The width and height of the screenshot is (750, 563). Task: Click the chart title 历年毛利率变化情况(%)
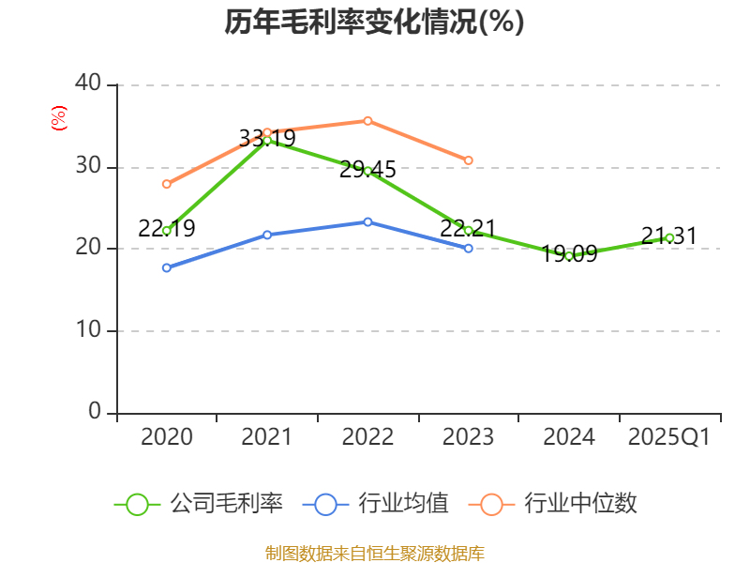[374, 23]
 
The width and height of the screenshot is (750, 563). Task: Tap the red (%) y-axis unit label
[59, 119]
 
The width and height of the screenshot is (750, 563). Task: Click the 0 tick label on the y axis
[94, 412]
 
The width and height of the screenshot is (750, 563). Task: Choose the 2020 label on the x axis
[167, 437]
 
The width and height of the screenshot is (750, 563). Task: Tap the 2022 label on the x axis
[367, 437]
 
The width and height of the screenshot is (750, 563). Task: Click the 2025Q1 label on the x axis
[668, 437]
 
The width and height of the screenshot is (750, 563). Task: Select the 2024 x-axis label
[568, 437]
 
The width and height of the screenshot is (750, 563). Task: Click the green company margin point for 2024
[569, 255]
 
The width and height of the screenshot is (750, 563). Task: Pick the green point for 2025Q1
[669, 237]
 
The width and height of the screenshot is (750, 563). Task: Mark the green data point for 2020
[167, 230]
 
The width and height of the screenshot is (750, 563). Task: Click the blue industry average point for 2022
[367, 221]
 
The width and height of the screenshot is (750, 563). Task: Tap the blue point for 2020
[167, 267]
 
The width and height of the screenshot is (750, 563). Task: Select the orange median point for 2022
[367, 120]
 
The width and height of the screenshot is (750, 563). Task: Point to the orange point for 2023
[469, 160]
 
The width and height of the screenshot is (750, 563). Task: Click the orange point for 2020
[167, 184]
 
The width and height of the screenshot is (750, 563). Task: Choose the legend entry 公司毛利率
[199, 504]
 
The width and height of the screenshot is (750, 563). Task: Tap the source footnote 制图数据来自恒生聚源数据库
[375, 553]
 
